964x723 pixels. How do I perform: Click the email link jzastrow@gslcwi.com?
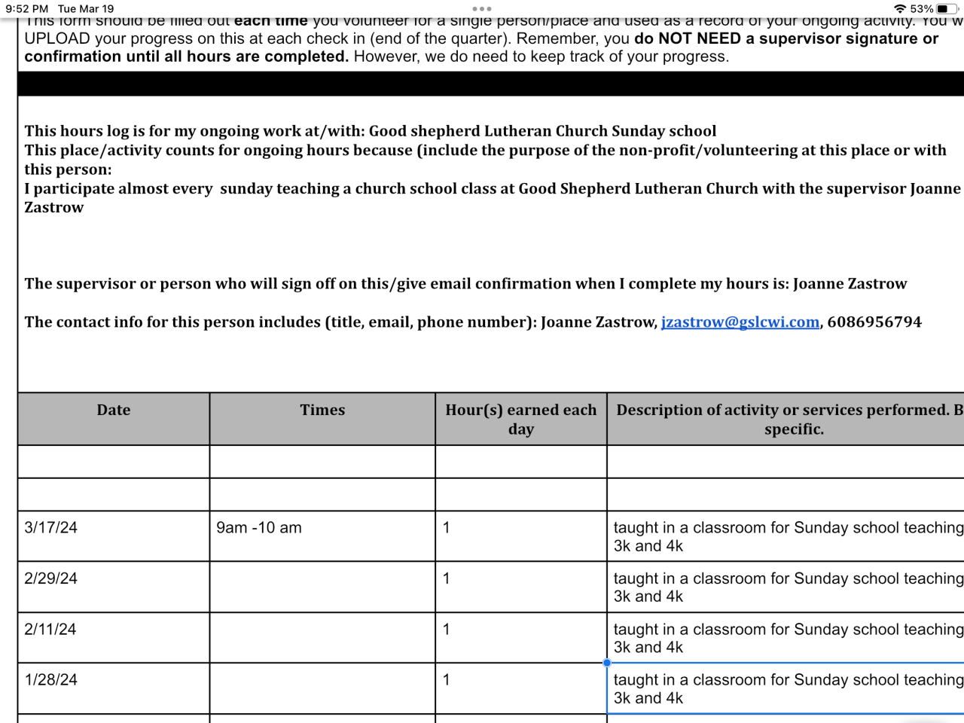[x=740, y=322]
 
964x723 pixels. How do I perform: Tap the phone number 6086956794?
[x=874, y=322]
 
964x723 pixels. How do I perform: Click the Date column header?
[x=114, y=410]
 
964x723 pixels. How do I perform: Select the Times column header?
[x=322, y=410]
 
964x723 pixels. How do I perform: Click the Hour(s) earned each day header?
[x=520, y=419]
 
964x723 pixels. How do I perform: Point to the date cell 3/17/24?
[x=51, y=528]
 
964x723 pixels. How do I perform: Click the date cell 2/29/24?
[x=51, y=578]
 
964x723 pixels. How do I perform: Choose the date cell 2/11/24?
[x=50, y=630]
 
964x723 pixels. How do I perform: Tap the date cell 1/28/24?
[x=51, y=680]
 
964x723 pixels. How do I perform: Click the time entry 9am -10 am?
[x=259, y=528]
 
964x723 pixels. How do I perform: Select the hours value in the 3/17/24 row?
[x=447, y=528]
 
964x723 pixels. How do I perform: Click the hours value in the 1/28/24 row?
[x=447, y=680]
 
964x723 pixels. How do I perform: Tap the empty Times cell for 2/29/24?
[x=322, y=587]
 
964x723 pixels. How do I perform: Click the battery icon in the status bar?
[x=947, y=9]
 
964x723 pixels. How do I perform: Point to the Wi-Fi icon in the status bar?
[x=900, y=9]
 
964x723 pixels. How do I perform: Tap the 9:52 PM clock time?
[x=27, y=9]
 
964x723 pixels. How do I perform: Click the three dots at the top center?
[x=482, y=9]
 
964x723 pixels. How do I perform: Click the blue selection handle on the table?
[x=607, y=663]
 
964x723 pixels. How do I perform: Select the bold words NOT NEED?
[x=700, y=38]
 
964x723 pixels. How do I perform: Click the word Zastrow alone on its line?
[x=54, y=208]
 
